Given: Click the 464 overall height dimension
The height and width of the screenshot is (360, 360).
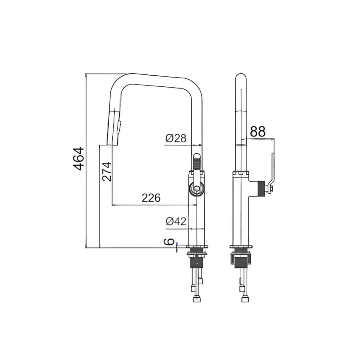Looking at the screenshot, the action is pos(78,159).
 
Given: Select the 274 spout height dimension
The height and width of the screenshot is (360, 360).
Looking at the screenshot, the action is pos(107,172).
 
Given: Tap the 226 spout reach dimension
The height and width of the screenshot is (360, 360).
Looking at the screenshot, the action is pos(151,198).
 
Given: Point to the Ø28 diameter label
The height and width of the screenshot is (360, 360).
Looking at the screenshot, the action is pos(176,138).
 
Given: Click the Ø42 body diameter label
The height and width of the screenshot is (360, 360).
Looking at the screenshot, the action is pos(176,221).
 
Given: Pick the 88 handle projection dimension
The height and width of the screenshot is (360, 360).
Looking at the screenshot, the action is pos(258,131).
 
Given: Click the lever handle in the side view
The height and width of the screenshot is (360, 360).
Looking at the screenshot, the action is pos(270,172).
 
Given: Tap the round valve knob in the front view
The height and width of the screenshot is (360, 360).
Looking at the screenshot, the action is pos(196,188).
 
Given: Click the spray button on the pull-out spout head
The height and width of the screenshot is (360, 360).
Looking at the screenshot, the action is pos(119,127).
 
